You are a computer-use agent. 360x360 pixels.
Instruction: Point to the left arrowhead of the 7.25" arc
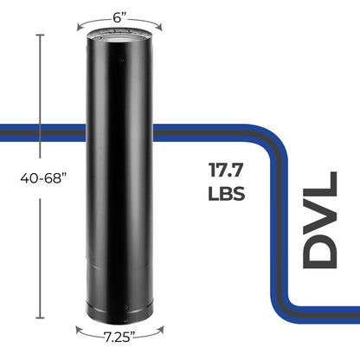76,329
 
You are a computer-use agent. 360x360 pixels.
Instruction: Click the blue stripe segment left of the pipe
43,132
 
